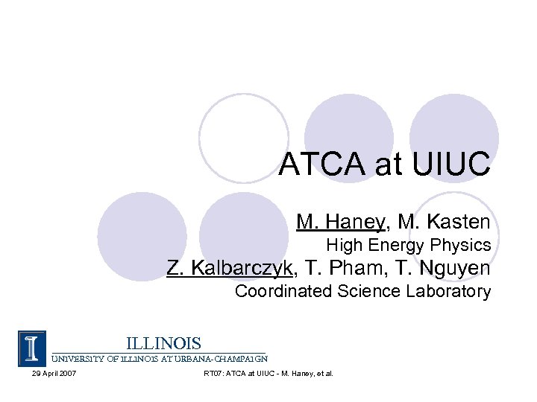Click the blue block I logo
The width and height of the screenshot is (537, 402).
point(32,348)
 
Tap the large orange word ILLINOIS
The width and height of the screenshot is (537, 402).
point(163,343)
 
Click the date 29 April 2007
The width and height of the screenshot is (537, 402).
point(48,372)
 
